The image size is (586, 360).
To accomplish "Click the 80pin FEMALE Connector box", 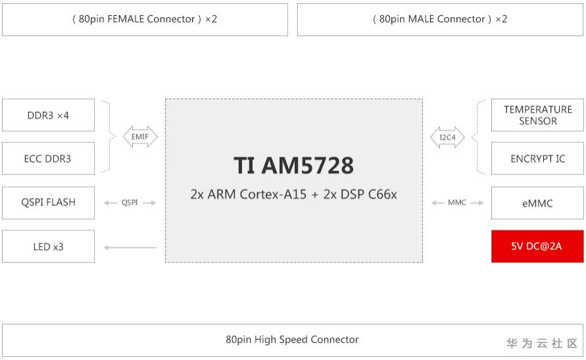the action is [x=145, y=20].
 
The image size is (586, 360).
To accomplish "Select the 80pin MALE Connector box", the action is [x=440, y=20].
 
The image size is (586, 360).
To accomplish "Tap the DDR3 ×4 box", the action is [x=48, y=115].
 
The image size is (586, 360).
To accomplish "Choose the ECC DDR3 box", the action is [x=48, y=159].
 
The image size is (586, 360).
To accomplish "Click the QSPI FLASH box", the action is [x=48, y=203].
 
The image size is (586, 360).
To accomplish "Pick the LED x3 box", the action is [x=48, y=247].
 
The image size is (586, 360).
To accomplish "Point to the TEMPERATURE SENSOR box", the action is [x=537, y=115].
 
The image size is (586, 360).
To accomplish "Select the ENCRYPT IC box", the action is [x=537, y=159].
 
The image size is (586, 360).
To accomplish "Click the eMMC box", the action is [x=537, y=203].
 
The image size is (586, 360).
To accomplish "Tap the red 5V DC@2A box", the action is [x=537, y=246].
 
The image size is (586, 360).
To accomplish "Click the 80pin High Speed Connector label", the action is [x=292, y=340].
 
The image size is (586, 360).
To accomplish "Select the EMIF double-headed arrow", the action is [x=140, y=137].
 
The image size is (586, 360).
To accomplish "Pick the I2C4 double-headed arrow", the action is [x=447, y=137].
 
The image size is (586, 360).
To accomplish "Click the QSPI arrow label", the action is [x=130, y=203].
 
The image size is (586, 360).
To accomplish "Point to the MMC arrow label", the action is [x=456, y=203].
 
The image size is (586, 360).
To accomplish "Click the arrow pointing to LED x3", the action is [x=130, y=247].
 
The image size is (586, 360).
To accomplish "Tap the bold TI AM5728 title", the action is [x=293, y=166].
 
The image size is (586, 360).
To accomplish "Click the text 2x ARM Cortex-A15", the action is [x=248, y=195].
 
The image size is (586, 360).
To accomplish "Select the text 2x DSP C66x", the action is [x=360, y=195].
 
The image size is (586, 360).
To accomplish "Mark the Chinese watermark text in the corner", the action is [x=541, y=344].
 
